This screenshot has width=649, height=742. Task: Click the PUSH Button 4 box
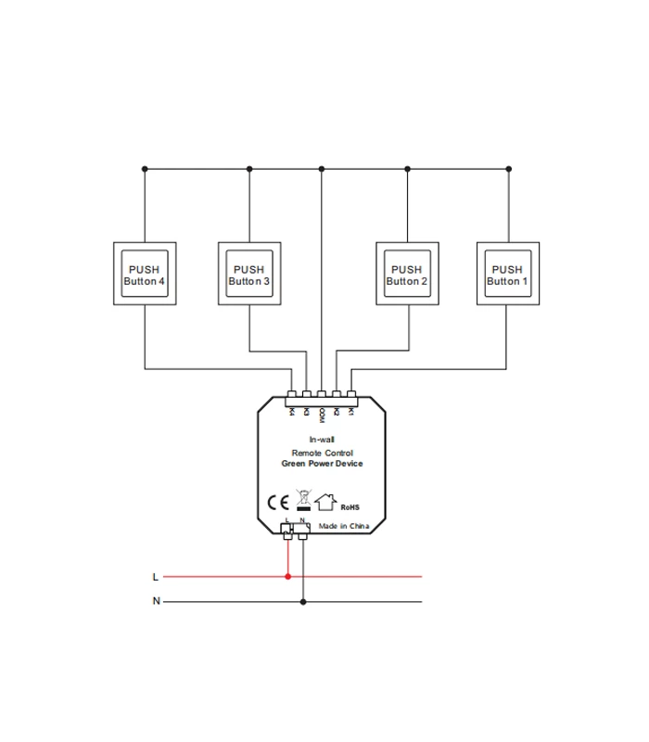point(144,275)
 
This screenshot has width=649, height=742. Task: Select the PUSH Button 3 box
point(249,275)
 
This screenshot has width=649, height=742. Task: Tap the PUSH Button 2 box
point(407,275)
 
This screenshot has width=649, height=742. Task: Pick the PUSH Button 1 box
point(507,275)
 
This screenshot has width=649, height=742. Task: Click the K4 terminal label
point(292,411)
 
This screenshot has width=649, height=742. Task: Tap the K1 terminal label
point(351,411)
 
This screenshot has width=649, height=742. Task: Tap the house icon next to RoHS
point(325,502)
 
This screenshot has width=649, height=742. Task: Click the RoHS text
point(350,507)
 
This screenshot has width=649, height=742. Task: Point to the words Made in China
point(344,525)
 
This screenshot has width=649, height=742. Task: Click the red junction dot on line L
point(288,576)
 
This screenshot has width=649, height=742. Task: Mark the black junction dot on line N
point(303,601)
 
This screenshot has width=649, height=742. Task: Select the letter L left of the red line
point(155,577)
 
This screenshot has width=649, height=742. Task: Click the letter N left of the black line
point(156,601)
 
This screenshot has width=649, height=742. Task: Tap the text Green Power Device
point(322,464)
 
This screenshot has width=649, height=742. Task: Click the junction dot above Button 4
point(145,169)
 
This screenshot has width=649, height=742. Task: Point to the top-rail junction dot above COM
point(322,169)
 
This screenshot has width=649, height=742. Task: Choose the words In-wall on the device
point(322,440)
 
